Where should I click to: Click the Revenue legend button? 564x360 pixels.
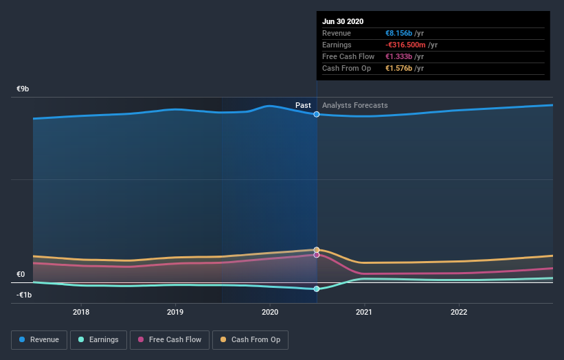[x=40, y=339]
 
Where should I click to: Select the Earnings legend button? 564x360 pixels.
[x=98, y=339]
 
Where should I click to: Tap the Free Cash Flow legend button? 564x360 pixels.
[x=168, y=339]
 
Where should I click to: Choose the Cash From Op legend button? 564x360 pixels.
[x=250, y=339]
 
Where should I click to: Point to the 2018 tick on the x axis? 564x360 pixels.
[x=81, y=311]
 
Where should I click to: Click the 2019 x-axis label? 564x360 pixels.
[x=175, y=311]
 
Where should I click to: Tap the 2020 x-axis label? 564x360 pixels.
[x=270, y=311]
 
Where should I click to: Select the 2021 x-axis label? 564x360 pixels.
[x=364, y=311]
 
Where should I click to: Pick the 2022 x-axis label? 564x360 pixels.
[x=458, y=311]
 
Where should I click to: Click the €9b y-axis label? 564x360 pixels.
[x=23, y=89]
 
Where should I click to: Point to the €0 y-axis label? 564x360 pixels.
[x=21, y=275]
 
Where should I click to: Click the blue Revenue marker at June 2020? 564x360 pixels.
[x=317, y=114]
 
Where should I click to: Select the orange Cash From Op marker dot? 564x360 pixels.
[x=317, y=250]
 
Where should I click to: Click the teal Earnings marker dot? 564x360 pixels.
[x=317, y=289]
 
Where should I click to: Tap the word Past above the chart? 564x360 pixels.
[x=303, y=106]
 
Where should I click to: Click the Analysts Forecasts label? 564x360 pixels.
[x=354, y=106]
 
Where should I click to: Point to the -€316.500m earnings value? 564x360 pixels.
[x=411, y=45]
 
